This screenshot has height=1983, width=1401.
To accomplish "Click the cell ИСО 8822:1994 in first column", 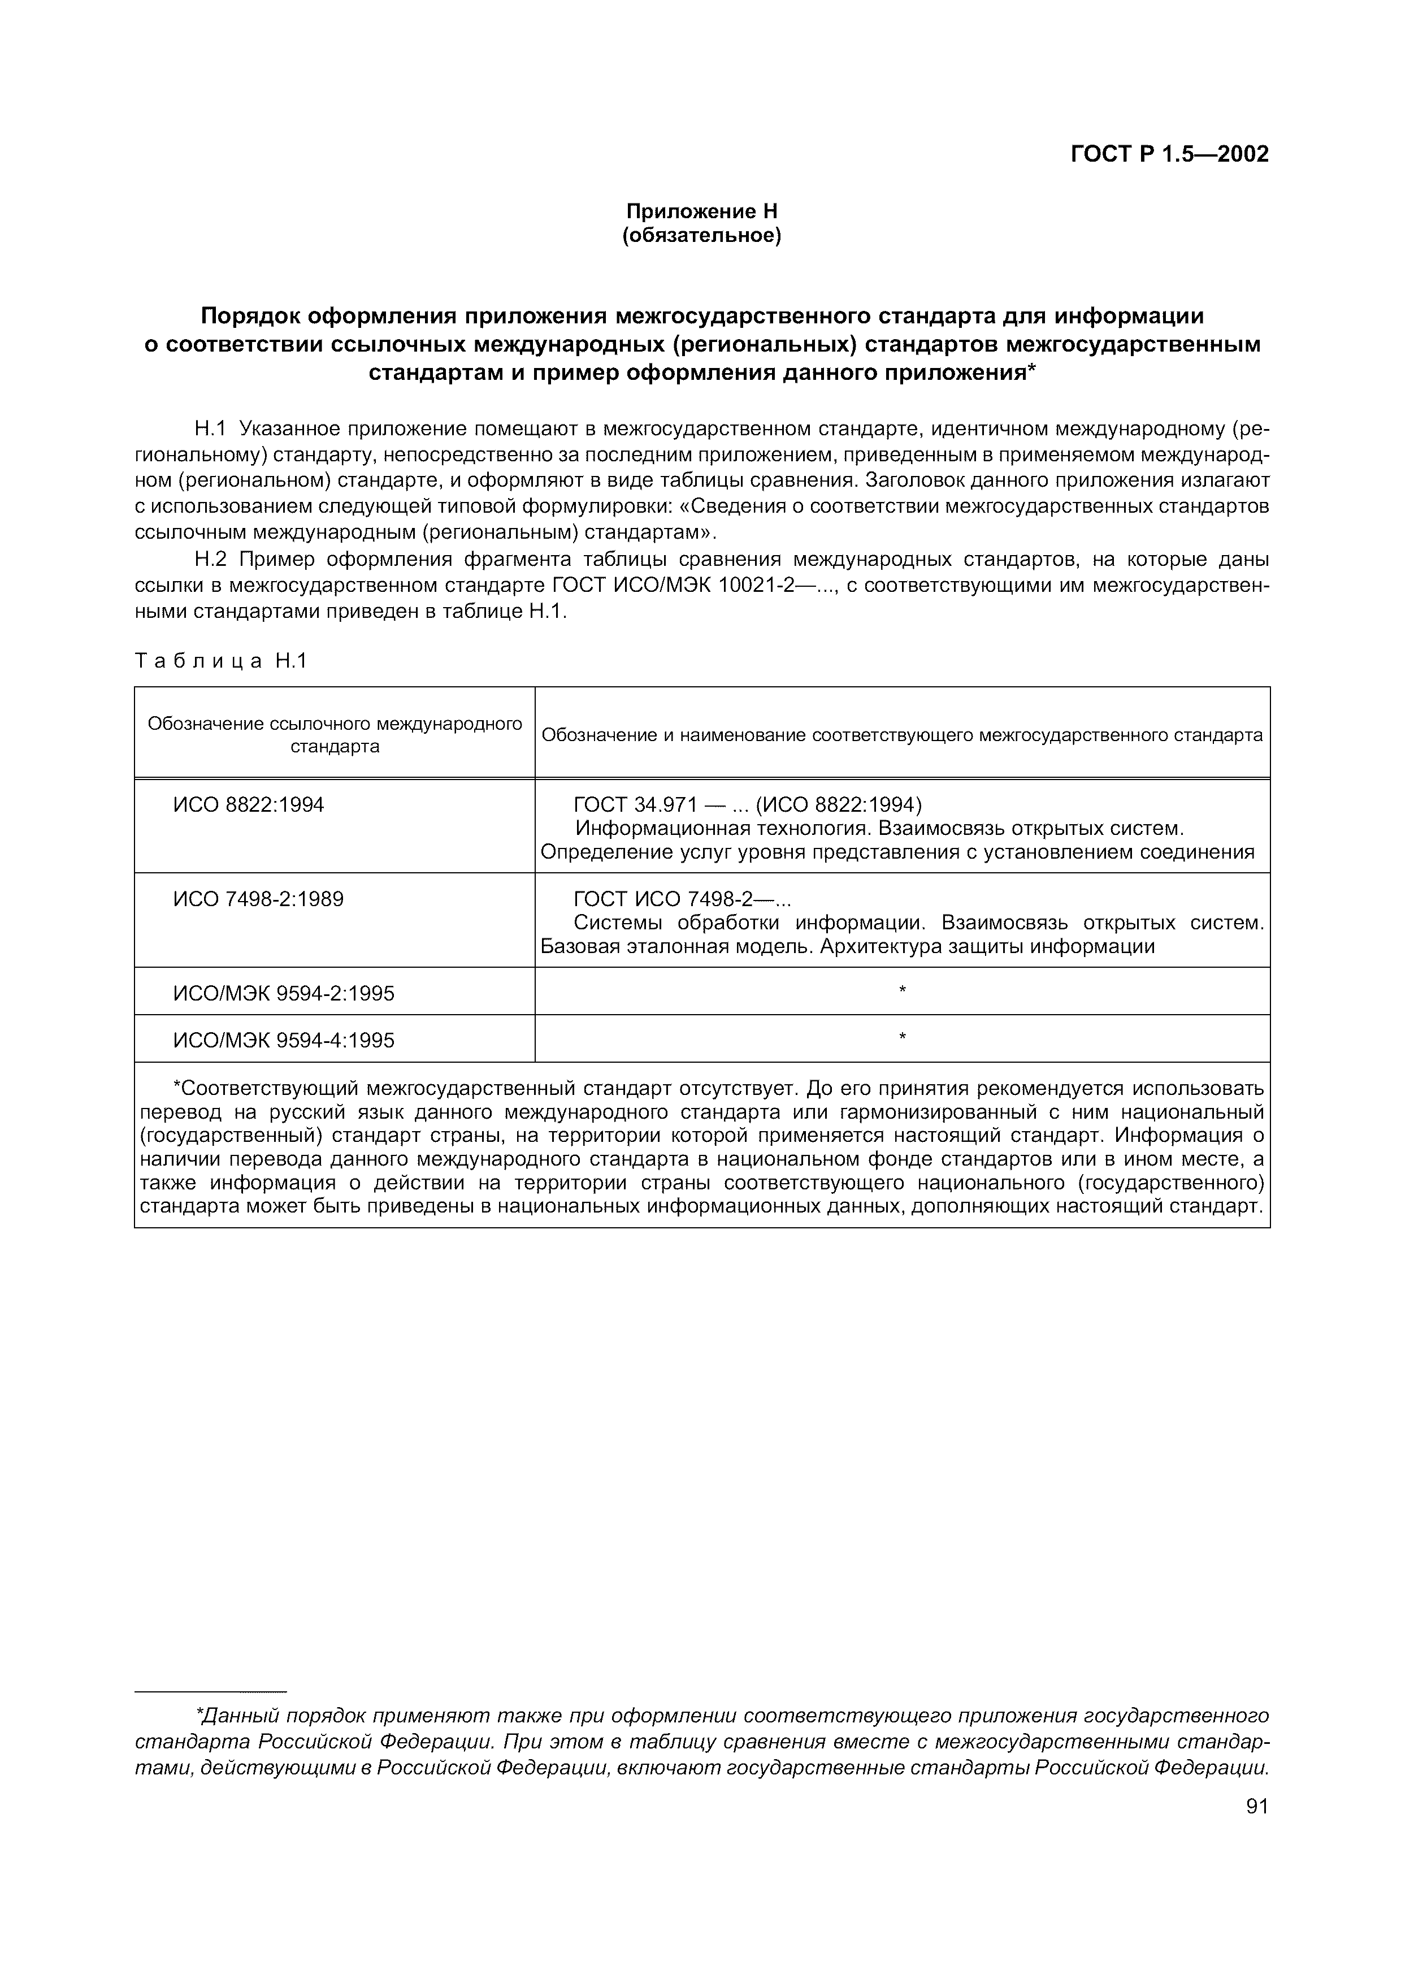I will pyautogui.click(x=249, y=805).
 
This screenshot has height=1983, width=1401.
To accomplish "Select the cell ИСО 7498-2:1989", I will pyautogui.click(x=258, y=899).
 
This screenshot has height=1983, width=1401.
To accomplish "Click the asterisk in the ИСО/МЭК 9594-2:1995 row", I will pyautogui.click(x=902, y=990).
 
